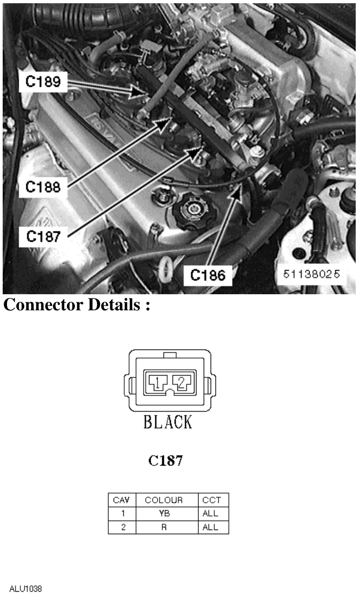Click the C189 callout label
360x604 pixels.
tap(43, 81)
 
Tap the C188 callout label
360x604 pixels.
tap(43, 187)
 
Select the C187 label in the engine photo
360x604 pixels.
tap(43, 236)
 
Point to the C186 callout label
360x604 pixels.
tap(207, 275)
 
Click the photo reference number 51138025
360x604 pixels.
tap(311, 274)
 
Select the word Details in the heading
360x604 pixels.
tap(114, 305)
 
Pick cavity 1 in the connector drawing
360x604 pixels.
tap(158, 382)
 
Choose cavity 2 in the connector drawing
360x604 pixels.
tap(182, 382)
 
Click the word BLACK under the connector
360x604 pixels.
tap(168, 422)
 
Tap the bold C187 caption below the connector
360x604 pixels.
tap(166, 460)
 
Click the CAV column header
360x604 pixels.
tap(122, 500)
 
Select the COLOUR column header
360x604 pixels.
tap(163, 500)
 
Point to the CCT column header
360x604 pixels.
tap(212, 500)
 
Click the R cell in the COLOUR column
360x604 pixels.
tap(164, 527)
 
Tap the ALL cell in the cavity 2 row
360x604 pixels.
tap(210, 527)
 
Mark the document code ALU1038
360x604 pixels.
tap(25, 589)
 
